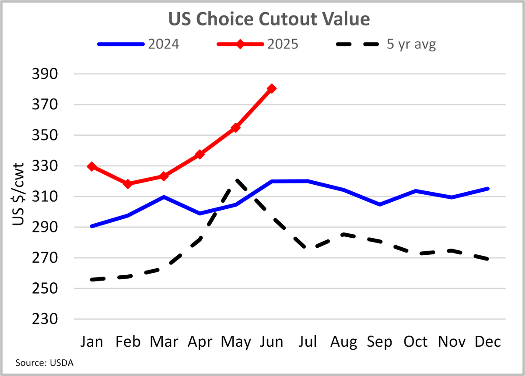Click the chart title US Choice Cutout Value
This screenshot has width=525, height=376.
(x=262, y=19)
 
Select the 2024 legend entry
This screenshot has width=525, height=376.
(x=138, y=44)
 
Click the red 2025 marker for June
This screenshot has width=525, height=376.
(x=272, y=88)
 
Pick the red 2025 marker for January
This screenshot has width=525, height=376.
(x=92, y=166)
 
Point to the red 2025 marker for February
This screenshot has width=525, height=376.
(x=128, y=184)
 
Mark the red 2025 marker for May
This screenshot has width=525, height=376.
(x=236, y=127)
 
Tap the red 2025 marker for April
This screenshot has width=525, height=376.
(x=200, y=154)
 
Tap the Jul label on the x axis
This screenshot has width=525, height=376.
(x=308, y=341)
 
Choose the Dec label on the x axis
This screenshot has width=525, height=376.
(x=488, y=341)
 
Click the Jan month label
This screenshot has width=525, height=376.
(x=92, y=341)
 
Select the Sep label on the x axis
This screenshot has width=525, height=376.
(x=380, y=341)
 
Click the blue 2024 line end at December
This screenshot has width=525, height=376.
(x=488, y=189)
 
